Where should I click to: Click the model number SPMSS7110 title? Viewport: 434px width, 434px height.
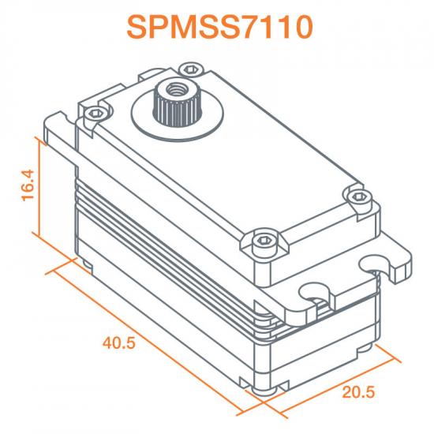pos(217,27)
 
